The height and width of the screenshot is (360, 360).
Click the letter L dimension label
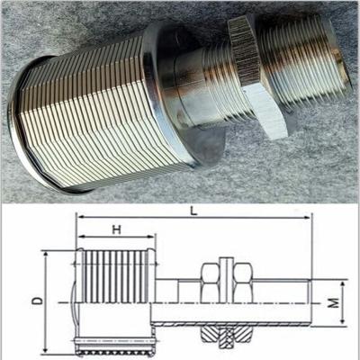coord(194,211)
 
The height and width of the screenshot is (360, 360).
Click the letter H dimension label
coord(117,229)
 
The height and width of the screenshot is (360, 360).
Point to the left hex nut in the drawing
coord(211,283)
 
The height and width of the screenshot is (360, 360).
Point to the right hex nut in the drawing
coord(243,283)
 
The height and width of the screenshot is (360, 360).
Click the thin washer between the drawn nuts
coord(227,280)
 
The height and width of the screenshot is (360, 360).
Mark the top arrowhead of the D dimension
coord(46,255)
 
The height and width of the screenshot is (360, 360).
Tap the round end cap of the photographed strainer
coord(27,126)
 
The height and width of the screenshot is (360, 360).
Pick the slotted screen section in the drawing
coord(115,276)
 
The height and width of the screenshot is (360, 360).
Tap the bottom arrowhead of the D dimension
coord(46,349)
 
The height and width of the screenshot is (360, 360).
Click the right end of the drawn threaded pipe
coord(310,302)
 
